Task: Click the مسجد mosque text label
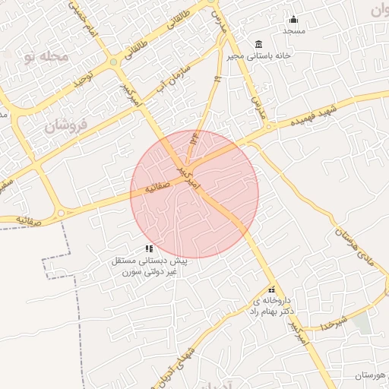pos(293,31)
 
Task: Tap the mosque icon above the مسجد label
pos(293,20)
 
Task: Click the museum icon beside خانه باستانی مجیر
pos(259,43)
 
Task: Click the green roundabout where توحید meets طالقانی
pos(114,62)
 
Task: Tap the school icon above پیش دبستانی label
pos(150,248)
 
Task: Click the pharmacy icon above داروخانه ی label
pos(272,289)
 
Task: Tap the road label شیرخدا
pos(334,318)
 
